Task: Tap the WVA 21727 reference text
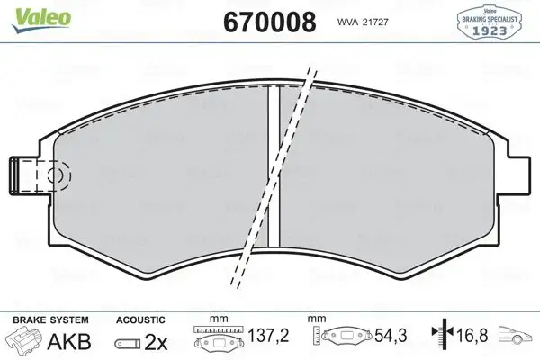pos(361,22)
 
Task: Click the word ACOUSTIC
pos(139,319)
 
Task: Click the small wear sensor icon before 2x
pos(127,341)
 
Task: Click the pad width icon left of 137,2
pos(220,338)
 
